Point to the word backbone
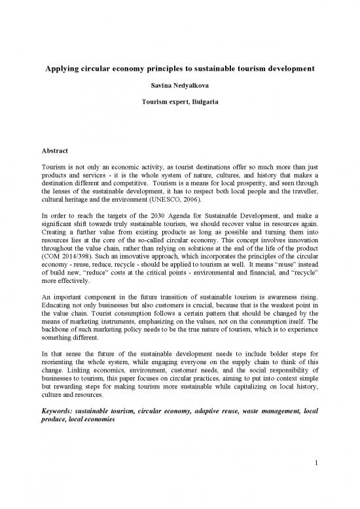coord(66,350)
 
